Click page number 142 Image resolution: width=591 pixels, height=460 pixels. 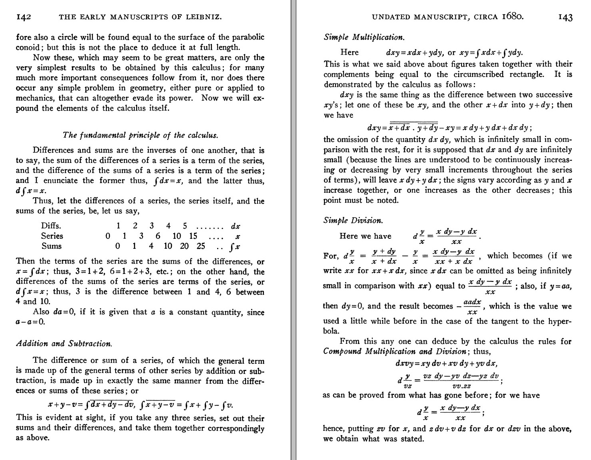click(24, 17)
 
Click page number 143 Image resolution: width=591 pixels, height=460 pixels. click(563, 17)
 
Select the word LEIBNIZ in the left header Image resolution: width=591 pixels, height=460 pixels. click(204, 17)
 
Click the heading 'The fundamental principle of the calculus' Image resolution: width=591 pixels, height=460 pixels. click(140, 135)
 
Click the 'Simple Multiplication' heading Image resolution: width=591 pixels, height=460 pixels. click(364, 38)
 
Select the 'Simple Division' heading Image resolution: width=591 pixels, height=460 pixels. click(353, 220)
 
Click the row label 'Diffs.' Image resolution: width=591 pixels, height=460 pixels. click(51, 226)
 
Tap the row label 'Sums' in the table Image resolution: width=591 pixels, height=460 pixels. click(52, 246)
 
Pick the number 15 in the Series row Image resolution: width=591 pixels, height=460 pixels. click(193, 236)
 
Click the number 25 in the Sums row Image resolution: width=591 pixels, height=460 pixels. click(201, 246)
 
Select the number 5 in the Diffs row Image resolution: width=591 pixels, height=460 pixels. click(185, 226)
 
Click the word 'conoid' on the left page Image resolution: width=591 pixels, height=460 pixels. click(29, 48)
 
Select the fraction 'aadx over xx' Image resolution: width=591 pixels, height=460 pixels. click(472, 306)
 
